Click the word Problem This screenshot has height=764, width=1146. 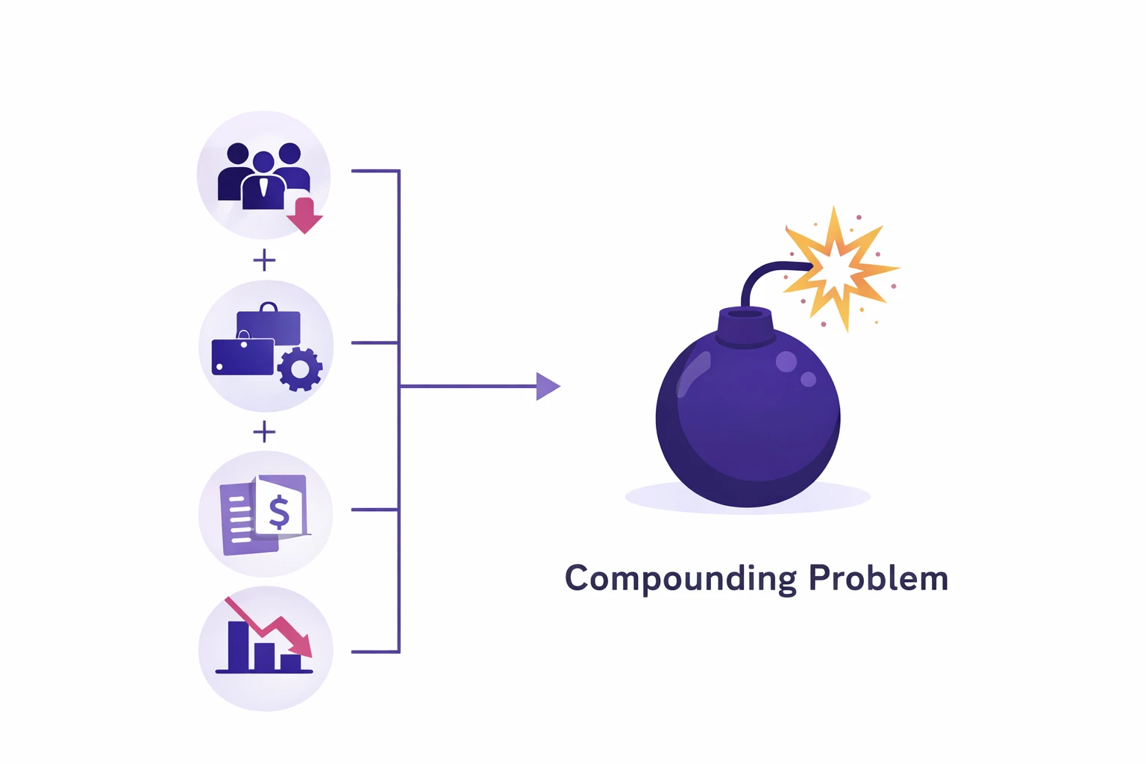878,577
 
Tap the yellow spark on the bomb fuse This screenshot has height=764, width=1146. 840,268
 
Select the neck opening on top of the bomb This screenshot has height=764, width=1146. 745,313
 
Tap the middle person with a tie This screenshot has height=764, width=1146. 263,181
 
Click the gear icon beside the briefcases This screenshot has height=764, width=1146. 300,369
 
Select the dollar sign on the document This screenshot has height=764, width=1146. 279,513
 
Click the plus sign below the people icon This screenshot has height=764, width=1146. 265,260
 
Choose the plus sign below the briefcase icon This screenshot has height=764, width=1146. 265,433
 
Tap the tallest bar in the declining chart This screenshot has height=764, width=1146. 239,646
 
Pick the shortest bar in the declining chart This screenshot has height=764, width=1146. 290,663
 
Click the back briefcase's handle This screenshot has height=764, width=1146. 269,307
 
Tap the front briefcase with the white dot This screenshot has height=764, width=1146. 242,357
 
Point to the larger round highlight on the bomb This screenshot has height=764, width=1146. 786,362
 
